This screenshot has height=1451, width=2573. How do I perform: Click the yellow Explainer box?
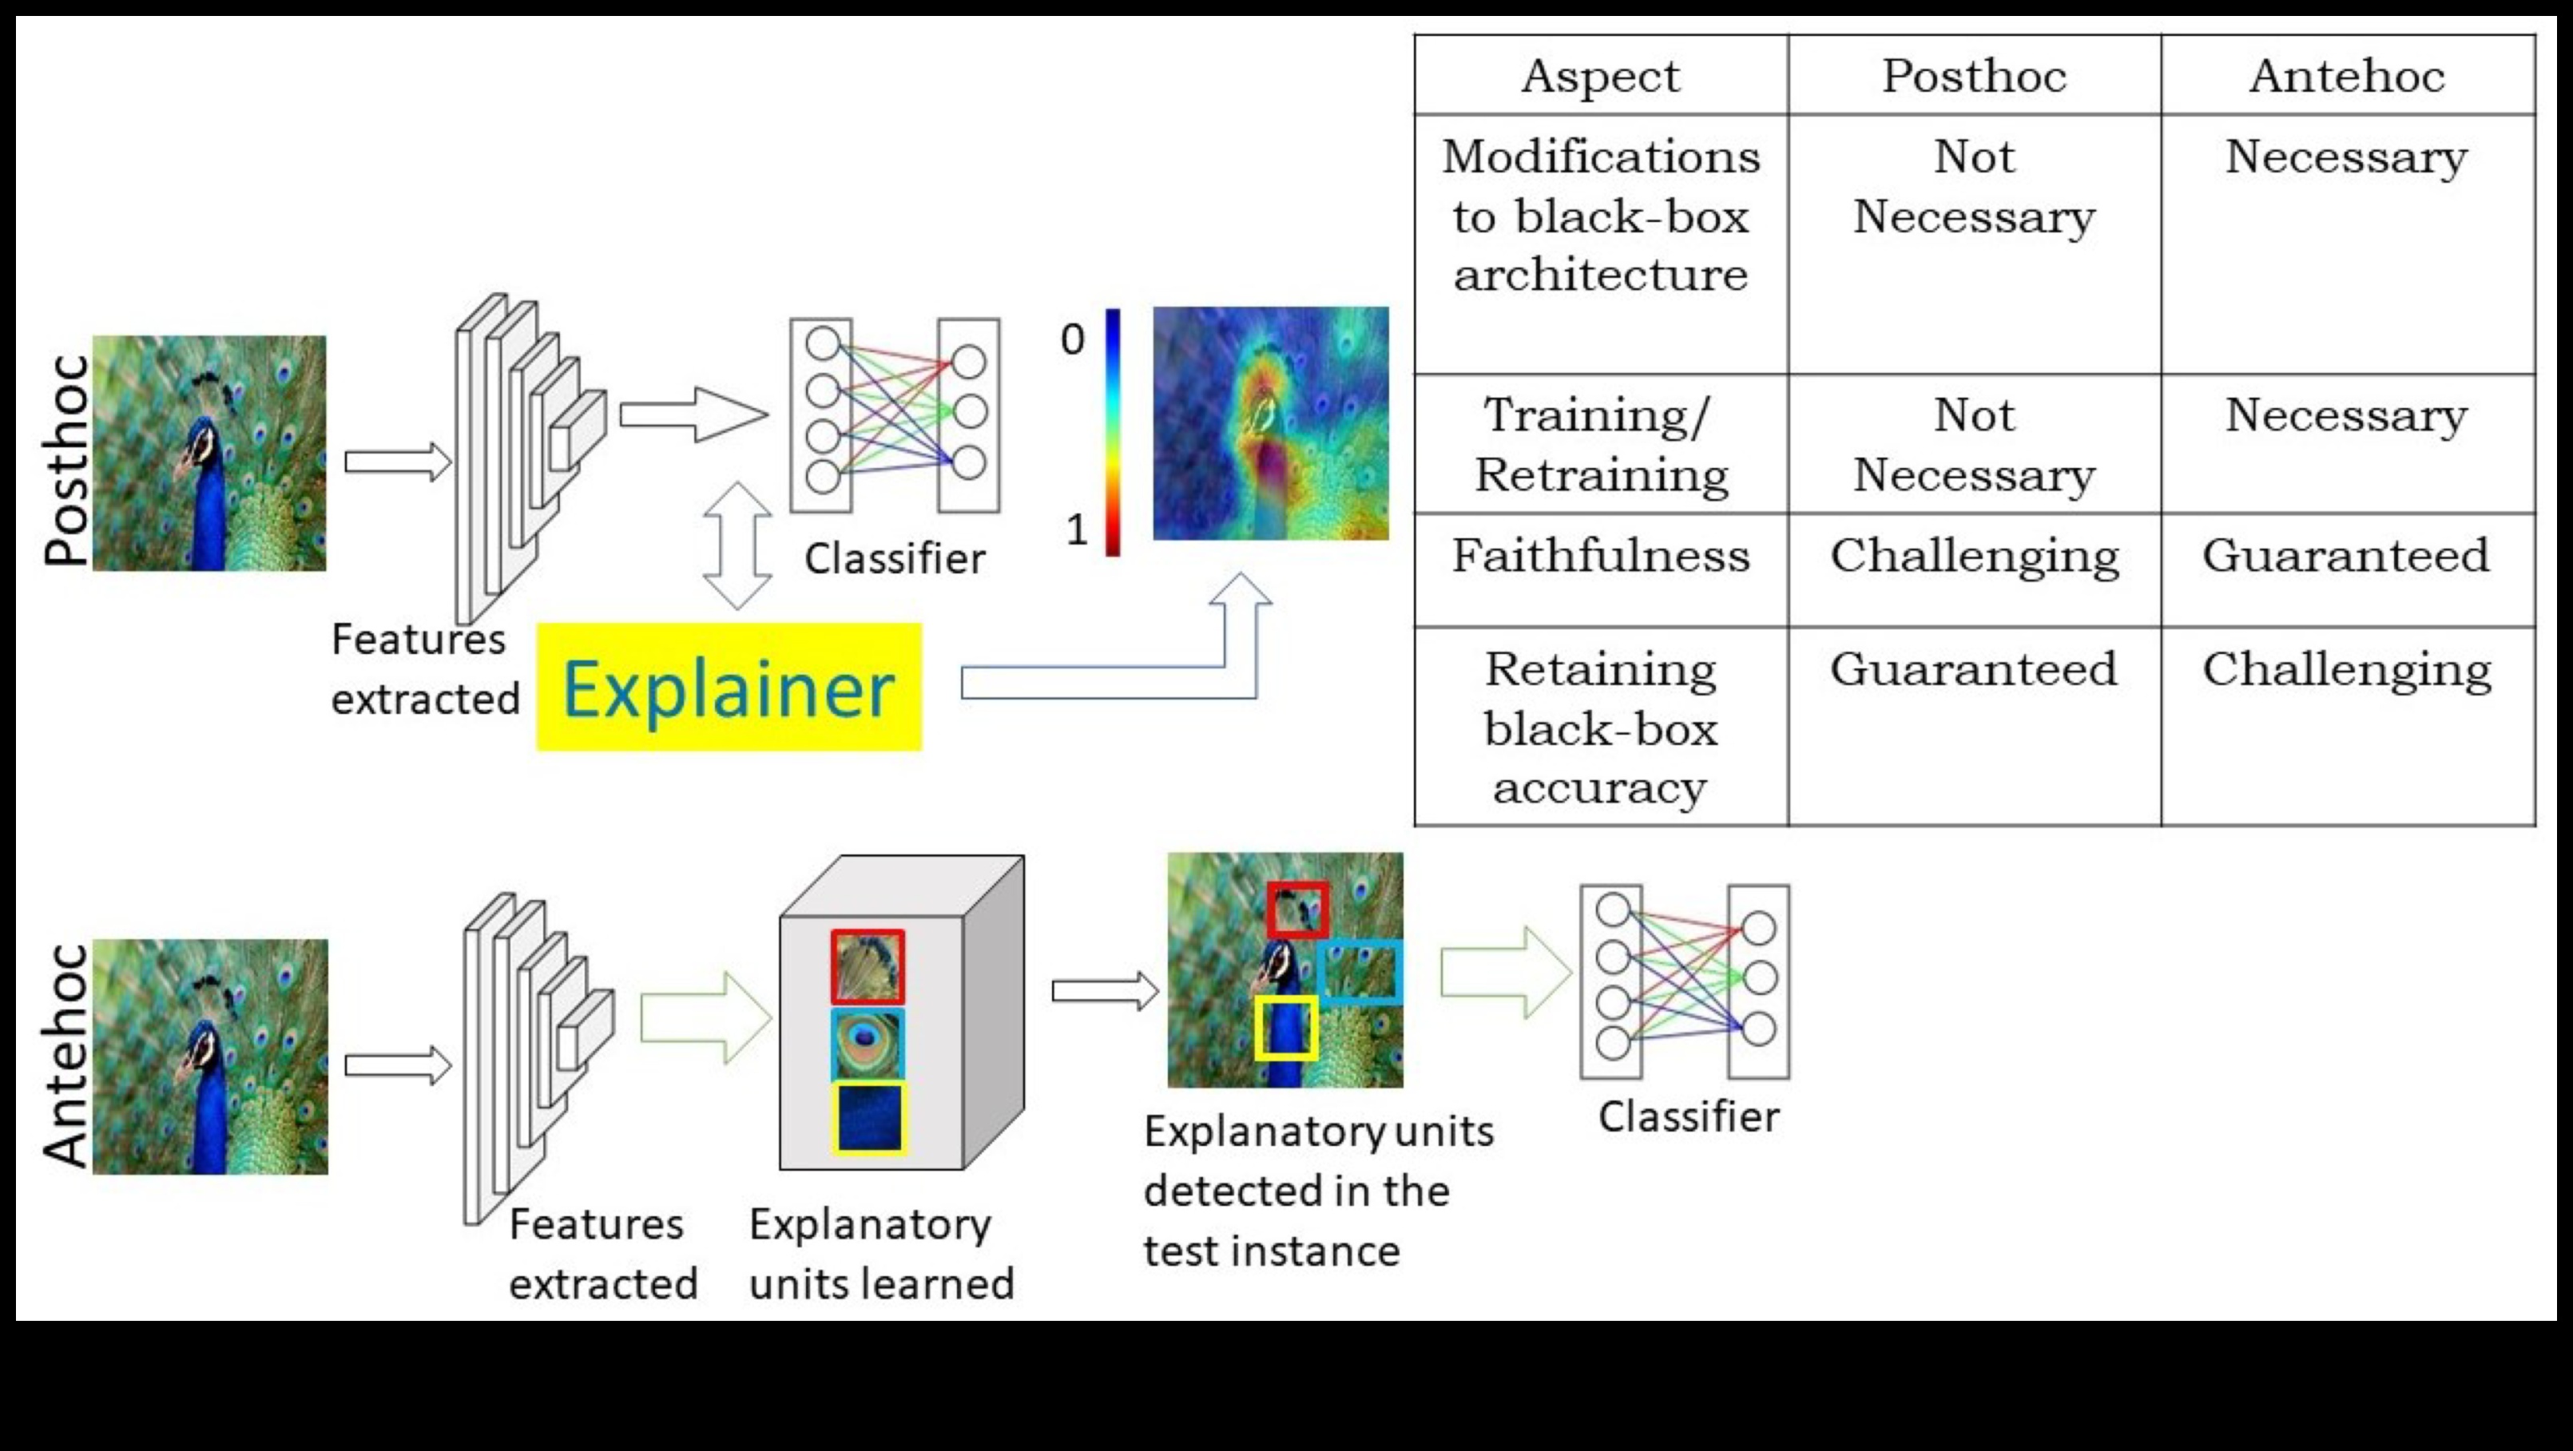point(729,687)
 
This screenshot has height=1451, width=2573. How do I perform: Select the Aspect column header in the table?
point(1600,76)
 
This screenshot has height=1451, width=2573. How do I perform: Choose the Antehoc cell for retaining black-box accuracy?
point(2346,669)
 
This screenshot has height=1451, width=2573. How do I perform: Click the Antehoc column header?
point(2346,76)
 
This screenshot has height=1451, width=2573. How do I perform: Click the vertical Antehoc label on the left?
point(66,1056)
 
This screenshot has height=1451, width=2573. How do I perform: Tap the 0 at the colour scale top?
point(1073,339)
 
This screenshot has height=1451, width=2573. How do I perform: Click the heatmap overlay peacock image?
point(1270,423)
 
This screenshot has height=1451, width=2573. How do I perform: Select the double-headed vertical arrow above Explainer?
point(737,545)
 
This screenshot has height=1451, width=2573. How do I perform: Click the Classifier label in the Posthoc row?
point(894,559)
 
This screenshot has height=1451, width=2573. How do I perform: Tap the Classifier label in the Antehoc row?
point(1688,1116)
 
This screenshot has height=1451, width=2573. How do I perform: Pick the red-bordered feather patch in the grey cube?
point(867,966)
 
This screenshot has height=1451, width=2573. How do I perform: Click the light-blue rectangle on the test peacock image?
point(1360,971)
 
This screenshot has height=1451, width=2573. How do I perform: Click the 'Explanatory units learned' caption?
point(881,1255)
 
